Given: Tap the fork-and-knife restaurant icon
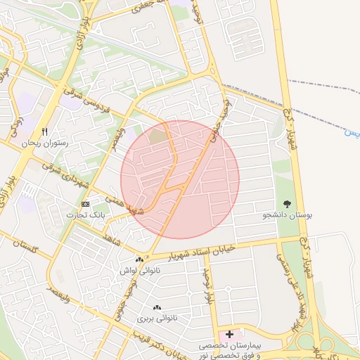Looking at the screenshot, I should pos(44,131).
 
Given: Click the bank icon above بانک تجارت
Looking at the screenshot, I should pos(86,204).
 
